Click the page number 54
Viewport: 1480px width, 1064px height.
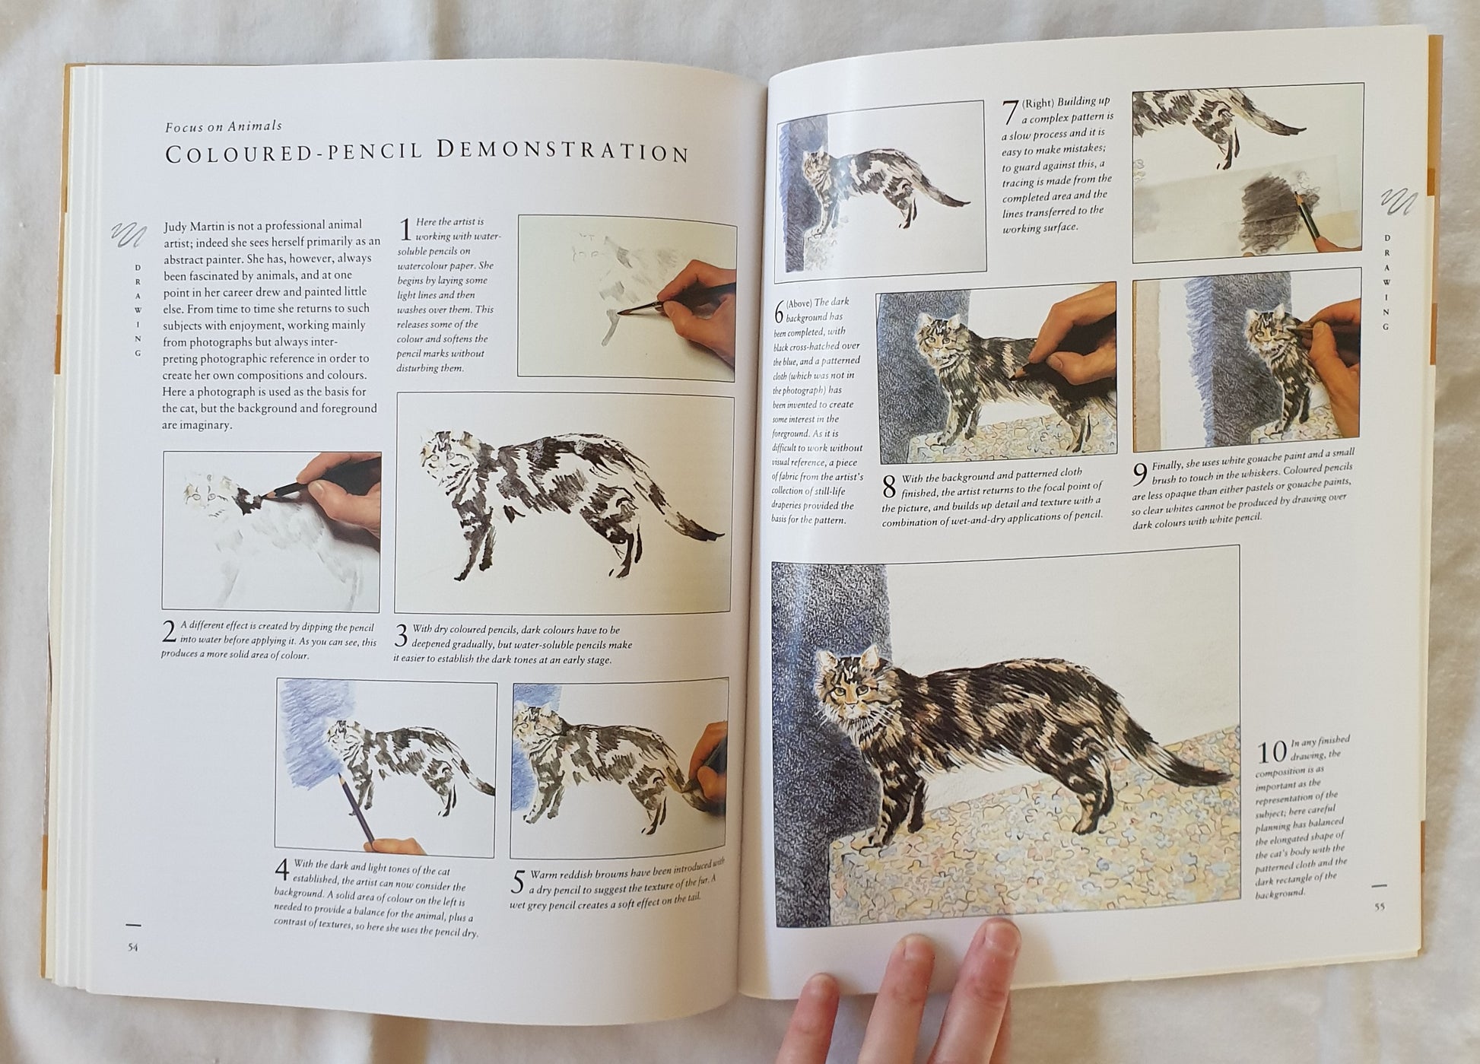click(133, 947)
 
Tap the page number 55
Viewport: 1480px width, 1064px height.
click(1379, 906)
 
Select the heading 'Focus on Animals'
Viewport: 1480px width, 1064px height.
click(224, 126)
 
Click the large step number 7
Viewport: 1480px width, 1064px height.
click(1010, 113)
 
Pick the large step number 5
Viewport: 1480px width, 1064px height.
click(518, 882)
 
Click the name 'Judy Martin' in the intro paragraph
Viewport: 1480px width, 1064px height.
click(194, 225)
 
